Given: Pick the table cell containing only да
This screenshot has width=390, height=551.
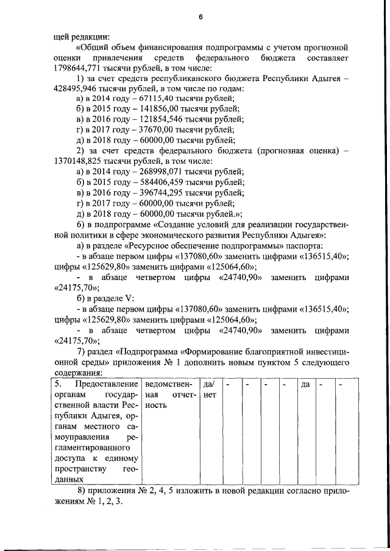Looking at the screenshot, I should click(x=305, y=385).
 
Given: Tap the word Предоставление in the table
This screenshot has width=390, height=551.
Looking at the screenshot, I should click(x=108, y=385).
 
